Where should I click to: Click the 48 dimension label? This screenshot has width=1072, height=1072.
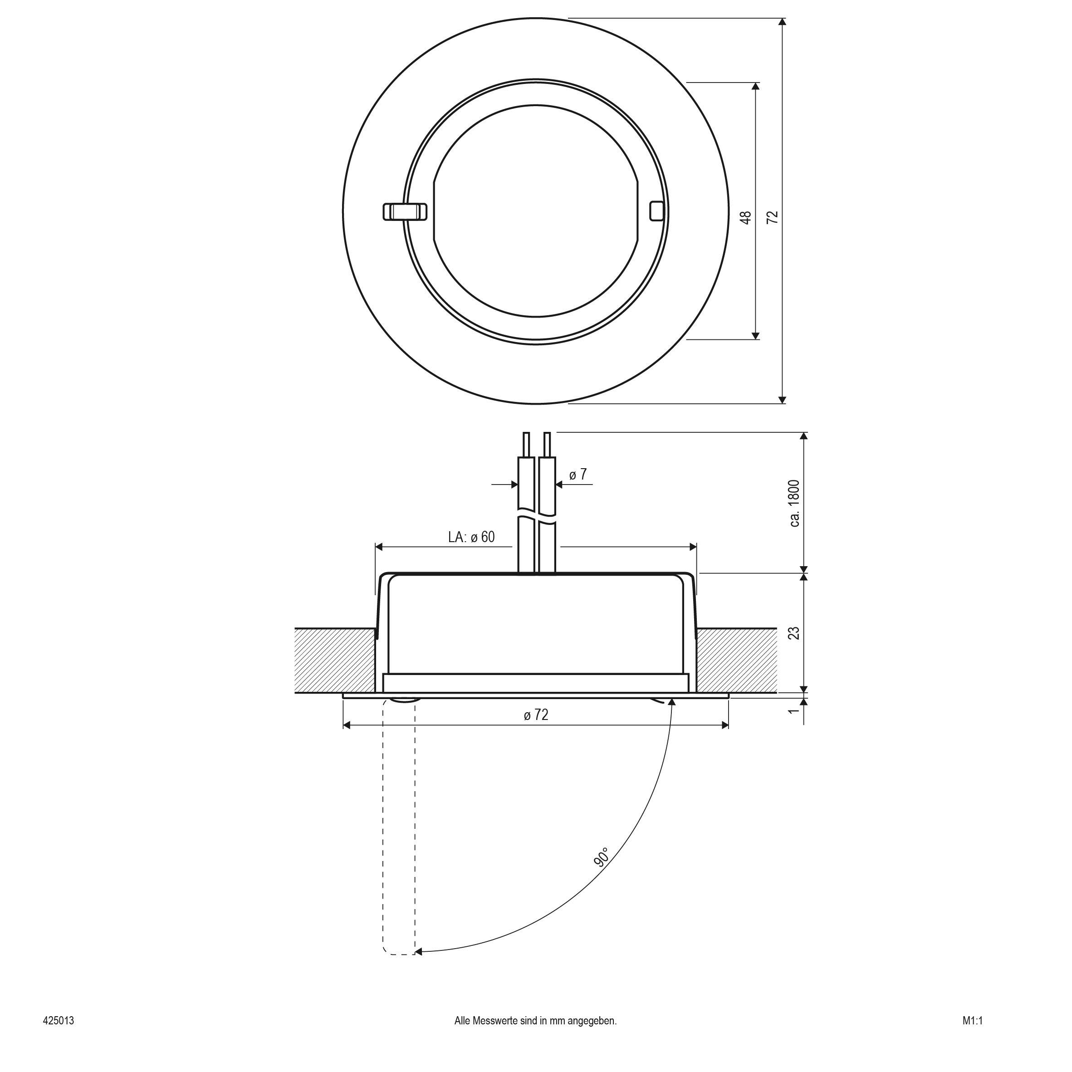point(747,217)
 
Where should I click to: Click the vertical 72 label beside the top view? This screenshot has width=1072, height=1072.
point(773,217)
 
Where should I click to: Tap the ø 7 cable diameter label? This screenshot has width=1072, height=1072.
point(578,474)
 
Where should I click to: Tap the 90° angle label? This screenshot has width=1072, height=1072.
point(602,857)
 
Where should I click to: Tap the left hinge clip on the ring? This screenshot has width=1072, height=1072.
point(405,211)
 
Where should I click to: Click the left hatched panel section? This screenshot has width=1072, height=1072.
point(335,660)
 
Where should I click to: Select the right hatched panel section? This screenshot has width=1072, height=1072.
point(737,660)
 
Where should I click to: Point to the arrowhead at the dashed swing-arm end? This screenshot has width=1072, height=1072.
point(418,952)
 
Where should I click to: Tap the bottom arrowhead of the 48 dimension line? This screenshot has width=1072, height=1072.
point(755,335)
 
